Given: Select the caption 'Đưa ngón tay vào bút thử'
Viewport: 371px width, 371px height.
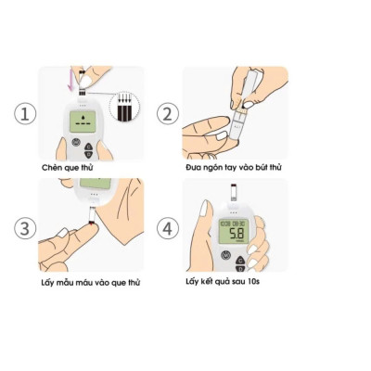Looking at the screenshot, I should [235, 169].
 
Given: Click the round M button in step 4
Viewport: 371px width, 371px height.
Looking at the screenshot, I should [224, 256].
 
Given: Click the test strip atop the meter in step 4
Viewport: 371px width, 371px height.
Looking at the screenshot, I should [233, 197].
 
